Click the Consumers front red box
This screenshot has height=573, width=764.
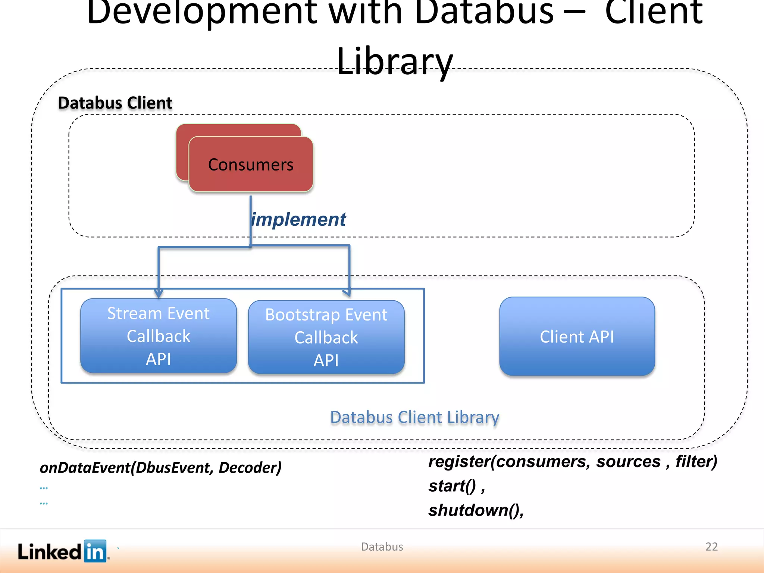[251, 165]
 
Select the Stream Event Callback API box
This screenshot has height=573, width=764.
[159, 336]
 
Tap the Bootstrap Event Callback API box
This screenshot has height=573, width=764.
[326, 337]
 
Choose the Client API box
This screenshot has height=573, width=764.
[577, 336]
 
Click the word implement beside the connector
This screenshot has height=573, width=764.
[299, 219]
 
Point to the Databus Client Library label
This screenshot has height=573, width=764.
[414, 417]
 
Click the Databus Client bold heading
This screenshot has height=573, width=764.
[115, 103]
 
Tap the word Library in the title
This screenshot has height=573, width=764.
[395, 62]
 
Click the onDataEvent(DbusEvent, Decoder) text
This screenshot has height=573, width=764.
[160, 467]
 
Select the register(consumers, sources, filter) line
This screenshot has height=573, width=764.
[572, 462]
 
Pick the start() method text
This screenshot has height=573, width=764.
[456, 486]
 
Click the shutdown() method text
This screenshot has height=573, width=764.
[476, 510]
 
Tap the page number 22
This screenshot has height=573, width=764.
[711, 547]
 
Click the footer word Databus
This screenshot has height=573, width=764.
[382, 547]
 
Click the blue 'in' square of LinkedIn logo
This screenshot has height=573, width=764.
[95, 551]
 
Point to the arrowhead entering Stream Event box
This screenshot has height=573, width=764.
[159, 293]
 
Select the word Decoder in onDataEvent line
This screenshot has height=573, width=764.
[250, 467]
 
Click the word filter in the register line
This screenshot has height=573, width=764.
[696, 462]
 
